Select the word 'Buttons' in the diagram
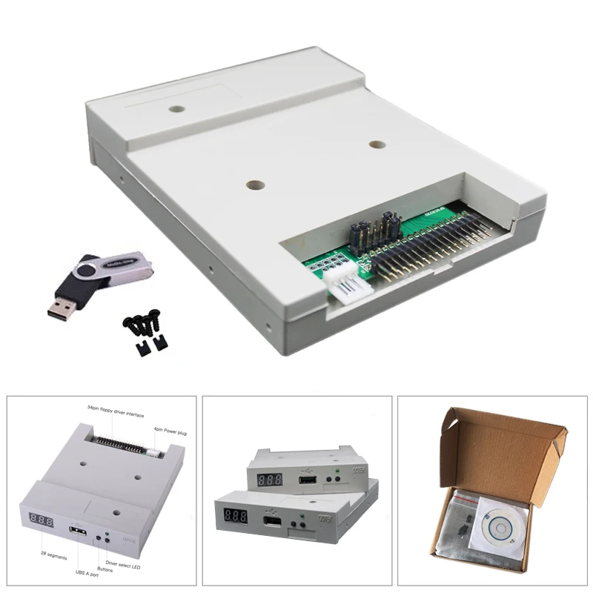[104, 569]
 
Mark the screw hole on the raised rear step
[176, 109]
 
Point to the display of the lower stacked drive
[236, 515]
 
